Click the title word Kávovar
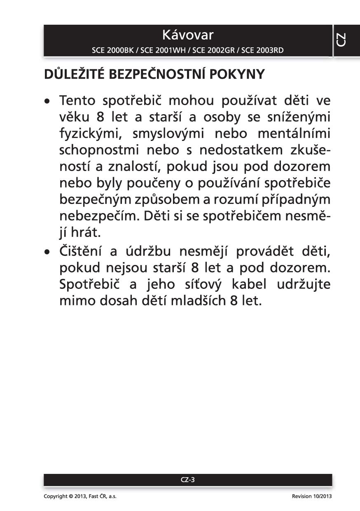coord(188,35)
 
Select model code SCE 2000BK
coord(114,51)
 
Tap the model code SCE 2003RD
coord(262,51)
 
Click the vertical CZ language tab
coord(341,40)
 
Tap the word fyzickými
coord(91,134)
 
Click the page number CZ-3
coord(188,480)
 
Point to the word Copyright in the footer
coord(55,497)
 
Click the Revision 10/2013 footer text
coord(311,497)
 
